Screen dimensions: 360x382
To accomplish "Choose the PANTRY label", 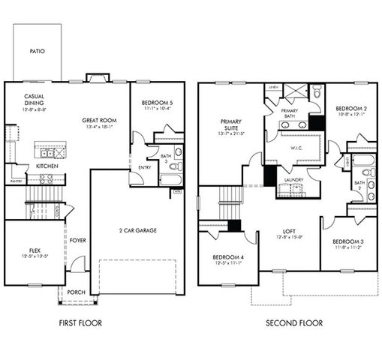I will tap(15, 181).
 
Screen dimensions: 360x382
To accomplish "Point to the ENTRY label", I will tap(144, 167).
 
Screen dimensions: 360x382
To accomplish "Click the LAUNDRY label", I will tap(293, 180).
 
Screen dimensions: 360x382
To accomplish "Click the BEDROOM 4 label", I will tap(226, 258).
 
